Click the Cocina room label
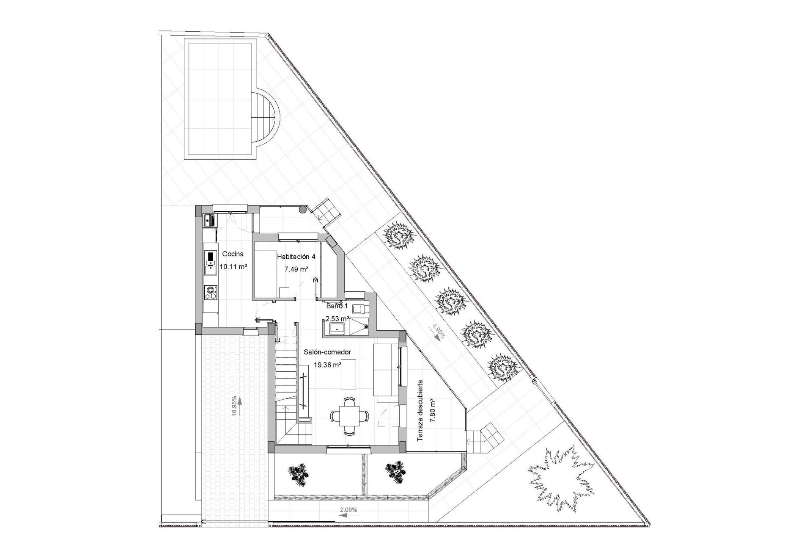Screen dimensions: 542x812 click(x=233, y=254)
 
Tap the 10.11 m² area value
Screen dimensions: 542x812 click(x=233, y=267)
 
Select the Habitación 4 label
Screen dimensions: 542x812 click(x=296, y=257)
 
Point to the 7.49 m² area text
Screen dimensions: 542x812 click(x=296, y=269)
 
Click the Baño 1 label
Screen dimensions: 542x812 click(x=337, y=306)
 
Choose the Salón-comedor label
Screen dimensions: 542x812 click(x=327, y=352)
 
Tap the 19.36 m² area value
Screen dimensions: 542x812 click(x=327, y=365)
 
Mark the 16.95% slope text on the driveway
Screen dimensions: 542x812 click(x=234, y=406)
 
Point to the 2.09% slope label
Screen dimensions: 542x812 click(x=348, y=510)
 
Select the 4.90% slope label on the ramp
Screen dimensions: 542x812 click(x=438, y=332)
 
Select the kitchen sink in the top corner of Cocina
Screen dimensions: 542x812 click(x=209, y=220)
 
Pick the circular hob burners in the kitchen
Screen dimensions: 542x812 click(x=210, y=293)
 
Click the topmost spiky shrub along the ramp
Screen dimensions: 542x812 click(x=398, y=237)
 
